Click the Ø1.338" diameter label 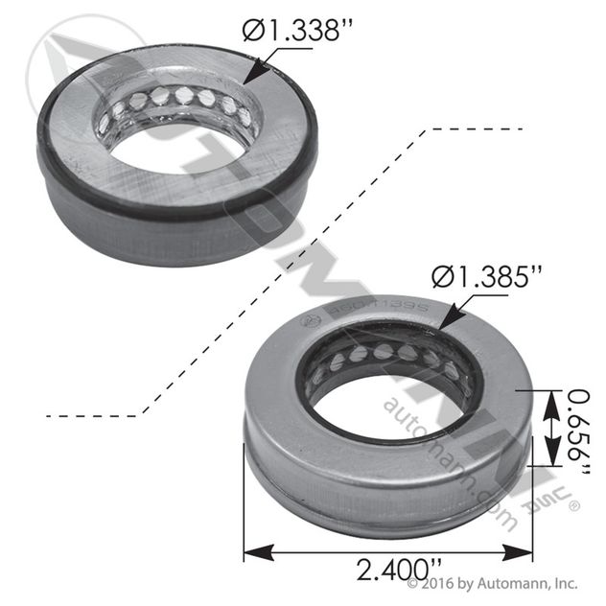coord(292,32)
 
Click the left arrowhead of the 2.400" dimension coord(251,552)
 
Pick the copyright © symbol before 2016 coord(414,582)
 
